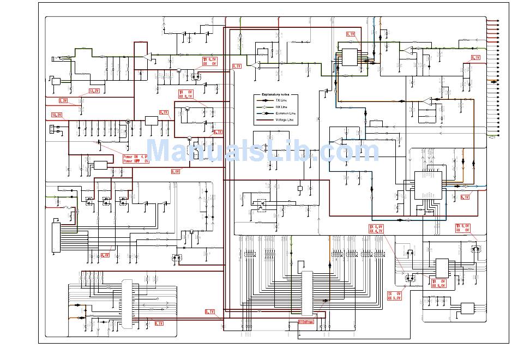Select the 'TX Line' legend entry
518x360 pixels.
click(281, 101)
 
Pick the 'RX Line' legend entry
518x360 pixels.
click(281, 107)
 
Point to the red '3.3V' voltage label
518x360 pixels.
click(63, 101)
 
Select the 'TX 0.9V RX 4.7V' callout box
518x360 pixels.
click(376, 229)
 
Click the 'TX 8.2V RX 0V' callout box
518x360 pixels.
click(210, 61)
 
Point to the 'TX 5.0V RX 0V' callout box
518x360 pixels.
click(462, 228)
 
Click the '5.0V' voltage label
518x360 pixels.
click(176, 171)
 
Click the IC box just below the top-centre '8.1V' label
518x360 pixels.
click(350, 57)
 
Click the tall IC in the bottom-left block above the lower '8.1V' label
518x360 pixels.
click(128, 304)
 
